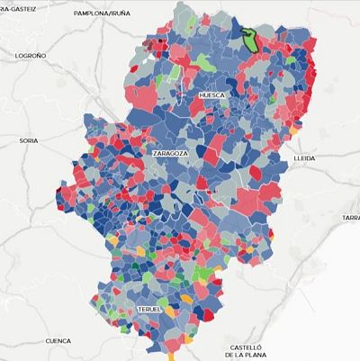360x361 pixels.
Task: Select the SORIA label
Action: click(x=29, y=140)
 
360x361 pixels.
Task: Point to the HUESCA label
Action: click(x=210, y=95)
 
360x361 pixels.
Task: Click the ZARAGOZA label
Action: click(x=170, y=154)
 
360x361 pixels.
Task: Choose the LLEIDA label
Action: click(x=305, y=158)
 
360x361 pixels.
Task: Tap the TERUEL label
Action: click(x=149, y=309)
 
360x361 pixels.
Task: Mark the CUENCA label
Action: click(x=58, y=341)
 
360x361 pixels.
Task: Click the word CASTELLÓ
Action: click(x=245, y=347)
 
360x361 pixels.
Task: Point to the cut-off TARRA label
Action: click(x=350, y=218)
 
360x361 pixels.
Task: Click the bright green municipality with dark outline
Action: click(x=249, y=40)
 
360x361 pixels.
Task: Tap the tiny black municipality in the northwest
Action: click(x=161, y=41)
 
